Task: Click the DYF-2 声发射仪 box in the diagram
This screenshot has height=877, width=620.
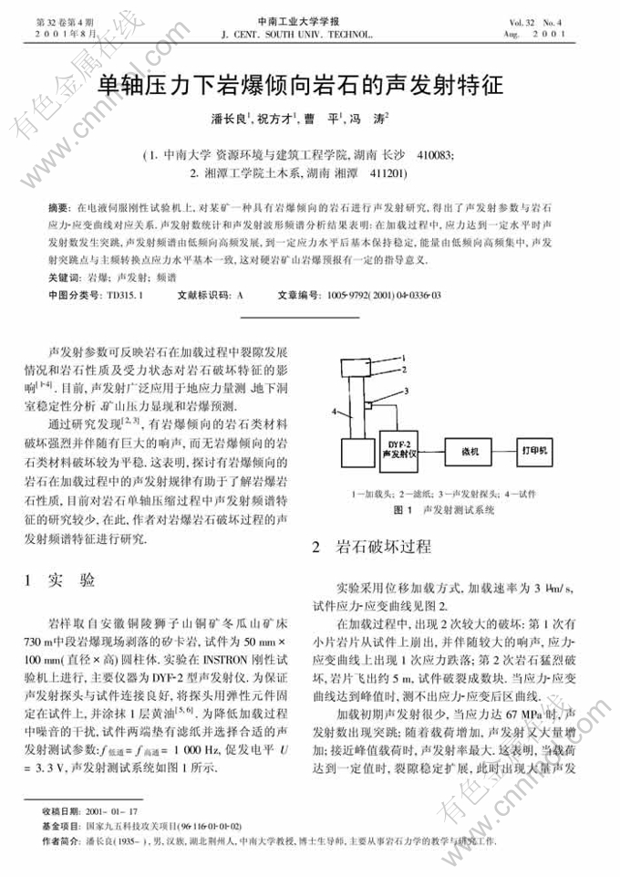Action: (x=399, y=447)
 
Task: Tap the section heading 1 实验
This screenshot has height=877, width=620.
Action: (x=65, y=580)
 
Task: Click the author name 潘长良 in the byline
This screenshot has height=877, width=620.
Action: (x=229, y=119)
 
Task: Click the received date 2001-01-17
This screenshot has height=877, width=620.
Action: (x=111, y=810)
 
